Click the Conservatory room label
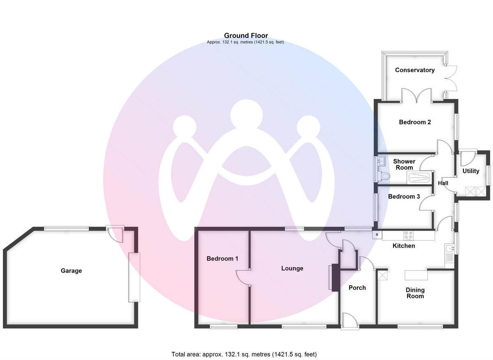tap(415, 70)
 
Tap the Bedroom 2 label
tap(415, 122)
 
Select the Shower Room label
tap(404, 164)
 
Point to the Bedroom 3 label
tap(404, 197)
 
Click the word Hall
tap(443, 183)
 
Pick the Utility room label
tap(471, 171)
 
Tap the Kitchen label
tap(404, 246)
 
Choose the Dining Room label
tap(415, 293)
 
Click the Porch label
tap(357, 288)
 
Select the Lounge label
tap(292, 268)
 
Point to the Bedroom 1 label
tap(222, 259)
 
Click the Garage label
tap(71, 271)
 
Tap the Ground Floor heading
tap(246, 36)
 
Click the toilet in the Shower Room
tap(385, 176)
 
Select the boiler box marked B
tap(377, 235)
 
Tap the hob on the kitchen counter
tap(409, 235)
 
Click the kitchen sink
tap(449, 249)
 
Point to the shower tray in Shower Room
tap(419, 178)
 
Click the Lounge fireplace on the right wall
tap(332, 278)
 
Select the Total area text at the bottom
tap(244, 354)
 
